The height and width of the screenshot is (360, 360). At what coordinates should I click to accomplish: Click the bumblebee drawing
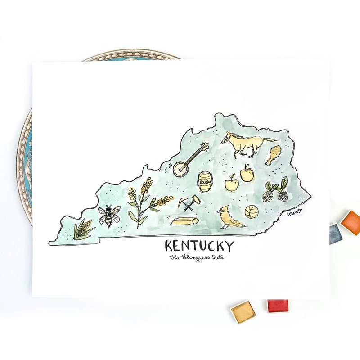tap(108, 216)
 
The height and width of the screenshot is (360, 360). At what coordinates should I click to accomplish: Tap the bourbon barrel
tap(205, 181)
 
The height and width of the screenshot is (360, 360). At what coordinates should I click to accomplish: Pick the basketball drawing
tap(252, 211)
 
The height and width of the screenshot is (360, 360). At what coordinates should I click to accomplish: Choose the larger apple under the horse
tap(247, 174)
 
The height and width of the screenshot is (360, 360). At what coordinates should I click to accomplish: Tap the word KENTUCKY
tap(199, 246)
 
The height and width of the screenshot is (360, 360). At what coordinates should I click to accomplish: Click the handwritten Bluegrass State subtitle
tap(197, 258)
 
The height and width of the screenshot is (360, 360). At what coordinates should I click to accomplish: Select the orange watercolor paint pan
tap(351, 222)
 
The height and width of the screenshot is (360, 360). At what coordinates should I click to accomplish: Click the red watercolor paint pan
tap(278, 306)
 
